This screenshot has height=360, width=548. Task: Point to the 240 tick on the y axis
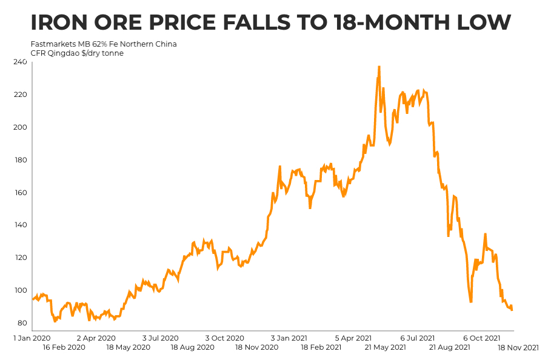(x=20, y=62)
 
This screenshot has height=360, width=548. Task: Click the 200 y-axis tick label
(x=20, y=127)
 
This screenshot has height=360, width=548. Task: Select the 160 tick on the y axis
(x=20, y=193)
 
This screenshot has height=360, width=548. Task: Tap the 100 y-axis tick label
(x=20, y=290)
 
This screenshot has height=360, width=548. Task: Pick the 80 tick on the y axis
(x=22, y=323)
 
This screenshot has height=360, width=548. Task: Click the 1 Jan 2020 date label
(x=32, y=338)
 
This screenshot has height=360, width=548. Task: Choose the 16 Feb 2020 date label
(x=64, y=347)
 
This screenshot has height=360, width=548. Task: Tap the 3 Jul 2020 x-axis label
(x=160, y=338)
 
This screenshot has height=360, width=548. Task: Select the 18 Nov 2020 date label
(x=257, y=347)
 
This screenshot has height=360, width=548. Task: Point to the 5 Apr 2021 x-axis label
(x=352, y=338)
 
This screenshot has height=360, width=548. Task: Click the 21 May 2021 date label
(x=386, y=347)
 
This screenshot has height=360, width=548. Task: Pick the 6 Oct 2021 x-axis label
(x=481, y=338)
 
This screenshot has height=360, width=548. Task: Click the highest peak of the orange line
(x=379, y=67)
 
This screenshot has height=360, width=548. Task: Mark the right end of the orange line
(x=512, y=310)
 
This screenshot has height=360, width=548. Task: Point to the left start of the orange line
(x=33, y=299)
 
